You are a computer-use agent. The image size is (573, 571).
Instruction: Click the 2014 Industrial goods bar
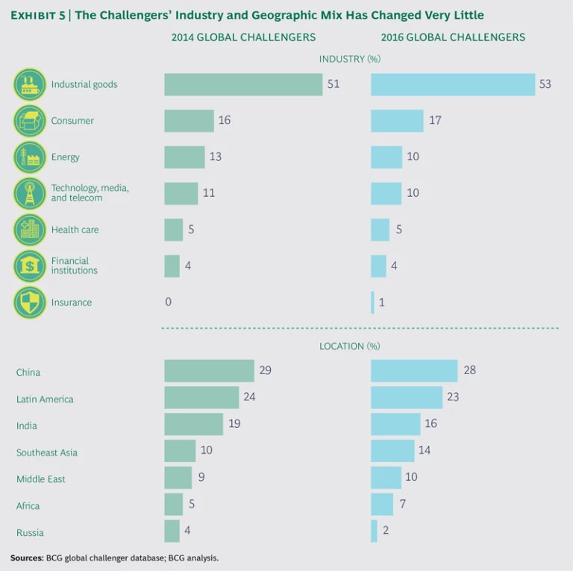tap(243, 84)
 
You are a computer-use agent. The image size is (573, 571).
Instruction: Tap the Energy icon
tap(30, 157)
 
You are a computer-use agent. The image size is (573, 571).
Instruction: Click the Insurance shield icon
tap(30, 303)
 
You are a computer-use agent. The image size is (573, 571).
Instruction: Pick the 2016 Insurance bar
tap(372, 303)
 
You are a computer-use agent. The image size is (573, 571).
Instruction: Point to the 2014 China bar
tap(209, 370)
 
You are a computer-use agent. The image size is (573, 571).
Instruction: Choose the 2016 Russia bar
tap(374, 531)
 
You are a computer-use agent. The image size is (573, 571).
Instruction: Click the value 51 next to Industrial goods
tap(333, 84)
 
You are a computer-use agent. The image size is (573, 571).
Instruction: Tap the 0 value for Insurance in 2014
tap(169, 303)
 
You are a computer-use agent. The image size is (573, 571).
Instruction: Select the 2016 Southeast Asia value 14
tap(425, 450)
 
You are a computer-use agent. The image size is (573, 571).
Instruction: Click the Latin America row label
tap(45, 400)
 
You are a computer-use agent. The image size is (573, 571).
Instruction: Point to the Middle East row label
tap(41, 479)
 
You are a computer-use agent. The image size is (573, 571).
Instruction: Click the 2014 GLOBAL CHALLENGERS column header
tap(243, 37)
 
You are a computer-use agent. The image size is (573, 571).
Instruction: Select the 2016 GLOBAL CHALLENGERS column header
tap(453, 37)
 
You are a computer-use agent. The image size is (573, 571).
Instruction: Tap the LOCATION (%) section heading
tap(350, 346)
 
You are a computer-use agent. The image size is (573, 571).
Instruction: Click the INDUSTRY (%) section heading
tap(350, 59)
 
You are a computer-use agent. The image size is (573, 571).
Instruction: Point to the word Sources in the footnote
tap(26, 558)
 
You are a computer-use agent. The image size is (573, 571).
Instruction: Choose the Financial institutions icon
tap(30, 266)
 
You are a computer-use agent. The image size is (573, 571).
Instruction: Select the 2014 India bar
tap(193, 424)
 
